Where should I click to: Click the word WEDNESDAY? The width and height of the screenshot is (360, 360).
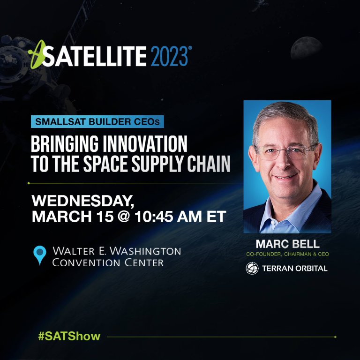coord(82,202)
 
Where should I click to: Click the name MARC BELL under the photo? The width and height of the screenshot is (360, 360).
coord(287,244)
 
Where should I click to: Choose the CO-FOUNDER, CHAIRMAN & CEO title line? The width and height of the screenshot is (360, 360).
coord(287,255)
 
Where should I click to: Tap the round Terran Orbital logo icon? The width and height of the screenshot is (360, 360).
coord(252,268)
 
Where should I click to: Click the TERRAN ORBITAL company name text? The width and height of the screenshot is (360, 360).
coord(295,268)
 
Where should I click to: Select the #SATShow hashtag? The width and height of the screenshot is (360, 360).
coord(69,336)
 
